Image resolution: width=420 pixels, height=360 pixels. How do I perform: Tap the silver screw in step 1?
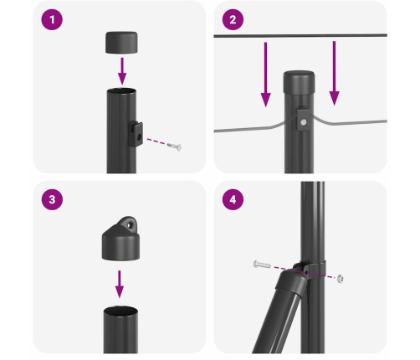tap(173, 147)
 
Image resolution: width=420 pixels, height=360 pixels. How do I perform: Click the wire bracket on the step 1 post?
tap(136, 131)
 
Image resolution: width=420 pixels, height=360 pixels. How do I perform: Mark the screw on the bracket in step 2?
tap(304, 124)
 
